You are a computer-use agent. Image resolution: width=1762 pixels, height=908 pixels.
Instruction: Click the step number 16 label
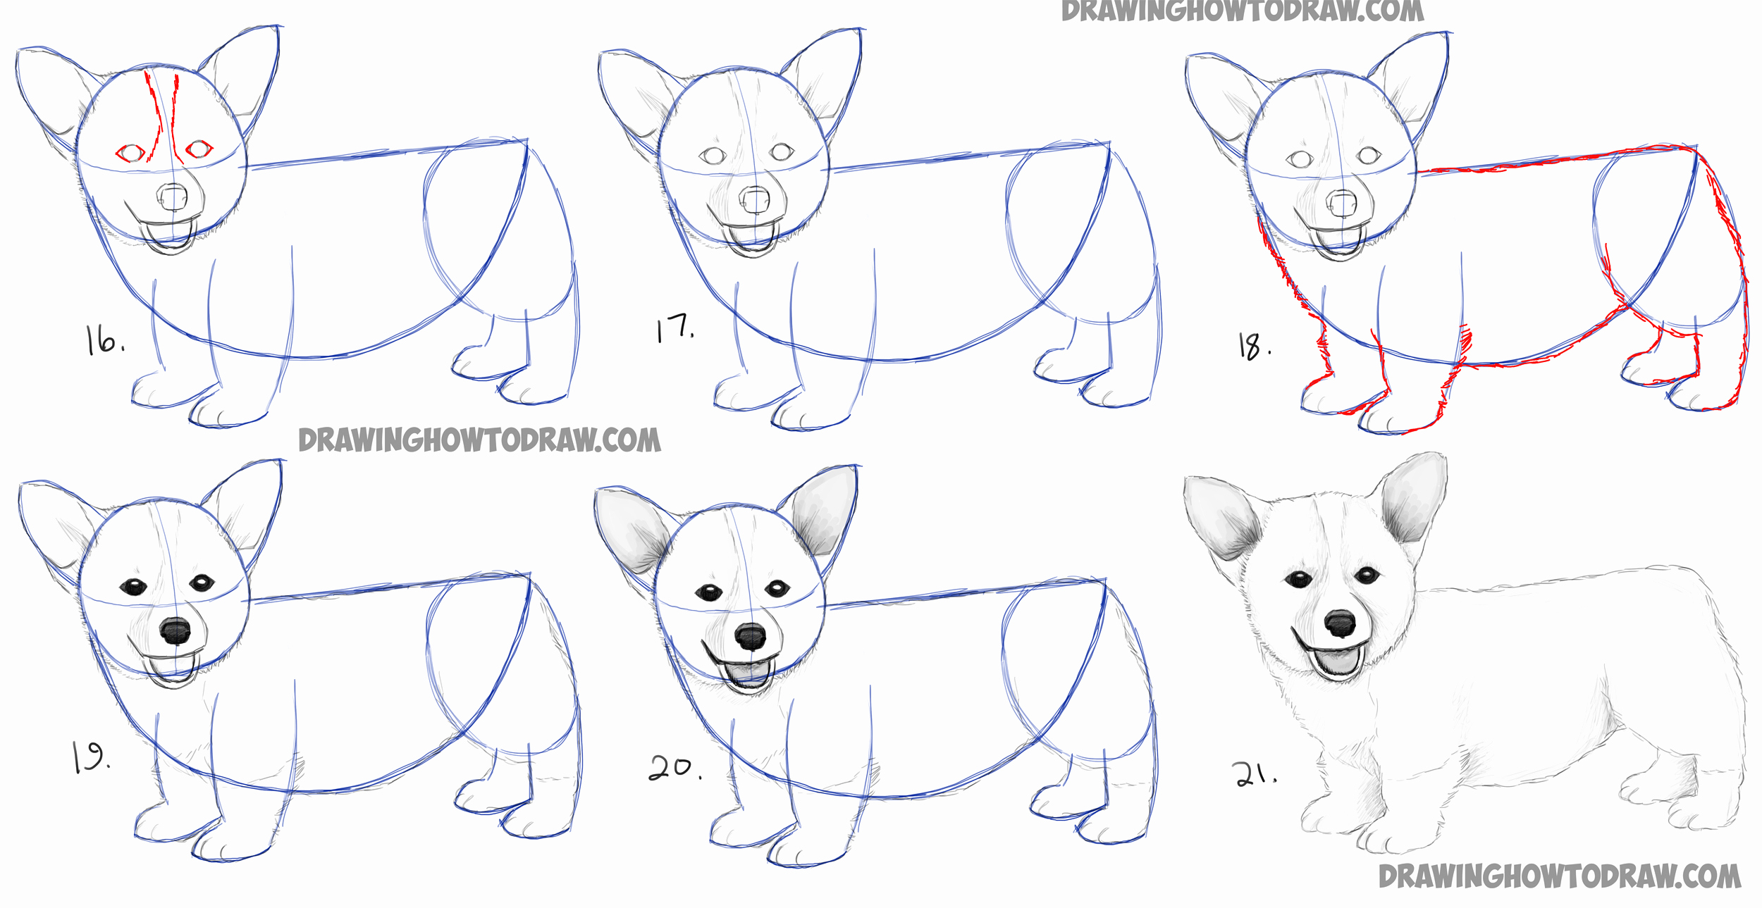[x=104, y=340]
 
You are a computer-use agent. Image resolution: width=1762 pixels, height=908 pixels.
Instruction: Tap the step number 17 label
[x=674, y=328]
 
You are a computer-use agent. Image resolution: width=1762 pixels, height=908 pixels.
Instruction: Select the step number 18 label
[x=1254, y=347]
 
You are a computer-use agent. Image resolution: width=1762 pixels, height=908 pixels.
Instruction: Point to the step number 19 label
[x=90, y=758]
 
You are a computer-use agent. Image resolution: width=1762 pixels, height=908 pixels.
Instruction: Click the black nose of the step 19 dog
[x=175, y=630]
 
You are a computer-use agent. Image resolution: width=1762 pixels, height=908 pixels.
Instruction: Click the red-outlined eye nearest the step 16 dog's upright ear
[x=199, y=149]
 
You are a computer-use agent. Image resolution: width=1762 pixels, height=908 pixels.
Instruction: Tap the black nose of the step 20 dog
[x=750, y=637]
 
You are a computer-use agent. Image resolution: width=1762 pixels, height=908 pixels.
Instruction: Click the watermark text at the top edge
[x=1242, y=11]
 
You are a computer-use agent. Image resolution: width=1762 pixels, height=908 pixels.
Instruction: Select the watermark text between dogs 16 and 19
[x=479, y=440]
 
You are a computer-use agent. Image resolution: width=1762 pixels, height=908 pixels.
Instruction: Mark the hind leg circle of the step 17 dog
[x=1057, y=232]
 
